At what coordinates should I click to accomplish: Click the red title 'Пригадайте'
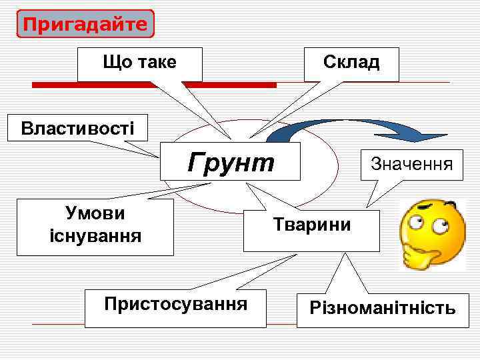(85, 24)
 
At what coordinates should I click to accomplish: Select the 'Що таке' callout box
(139, 64)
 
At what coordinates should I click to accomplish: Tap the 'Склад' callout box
(351, 64)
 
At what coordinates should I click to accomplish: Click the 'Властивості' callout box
(77, 127)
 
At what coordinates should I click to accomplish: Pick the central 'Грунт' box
(231, 161)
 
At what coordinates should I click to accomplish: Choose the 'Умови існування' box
(95, 227)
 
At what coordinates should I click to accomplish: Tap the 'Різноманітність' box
(382, 309)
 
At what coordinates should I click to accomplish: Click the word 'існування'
(95, 235)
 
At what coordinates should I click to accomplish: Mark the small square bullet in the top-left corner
(7, 9)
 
